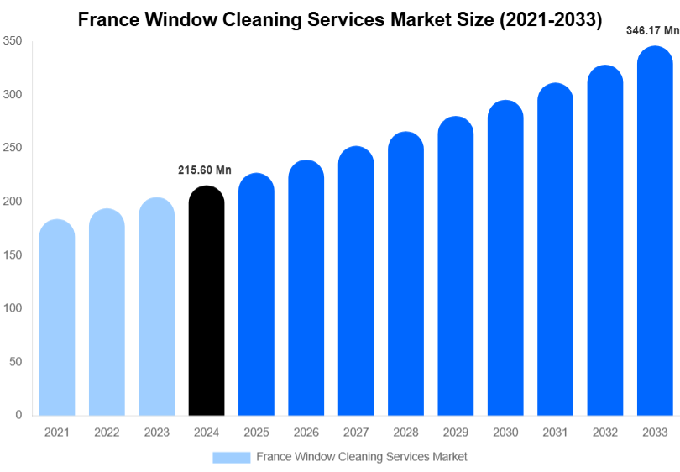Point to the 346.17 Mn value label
(x=652, y=31)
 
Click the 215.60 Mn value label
(x=204, y=170)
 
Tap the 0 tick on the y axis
(x=18, y=415)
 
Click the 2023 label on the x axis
(x=156, y=432)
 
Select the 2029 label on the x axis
(x=456, y=432)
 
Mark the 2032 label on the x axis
(x=605, y=432)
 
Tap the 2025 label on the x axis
(x=256, y=432)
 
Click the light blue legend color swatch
(x=231, y=457)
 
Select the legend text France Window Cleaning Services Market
(x=361, y=457)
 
